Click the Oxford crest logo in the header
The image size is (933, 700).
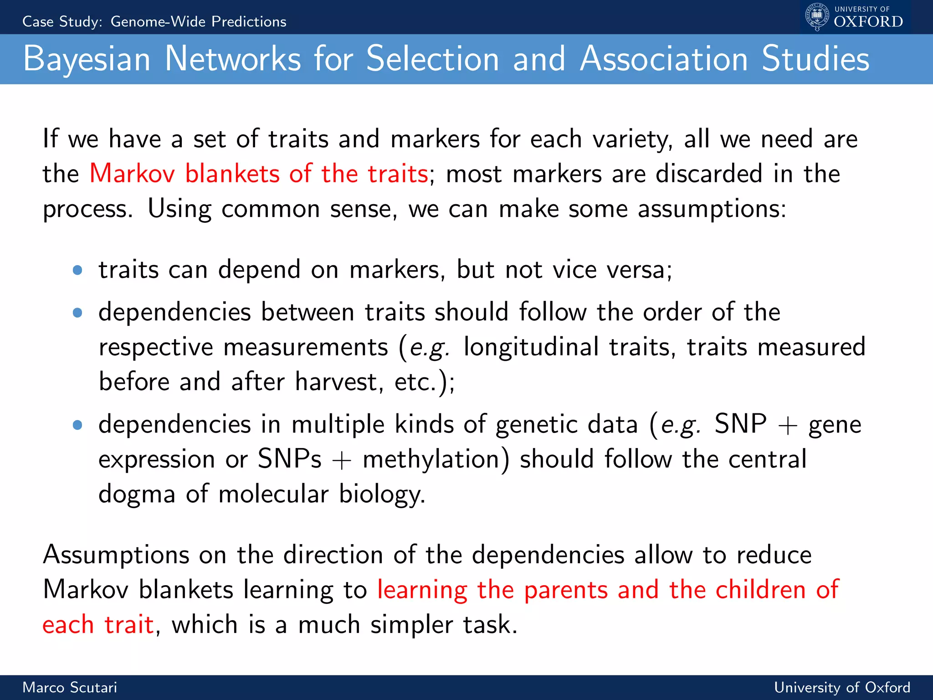(817, 17)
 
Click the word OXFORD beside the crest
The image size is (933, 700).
(868, 22)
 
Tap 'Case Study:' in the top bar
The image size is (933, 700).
(62, 21)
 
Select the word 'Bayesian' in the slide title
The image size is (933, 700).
(87, 59)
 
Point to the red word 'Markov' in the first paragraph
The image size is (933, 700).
(132, 174)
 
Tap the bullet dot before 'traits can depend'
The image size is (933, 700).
(77, 270)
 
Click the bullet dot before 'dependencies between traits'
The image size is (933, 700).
(77, 313)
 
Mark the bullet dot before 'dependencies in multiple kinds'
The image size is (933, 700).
(77, 425)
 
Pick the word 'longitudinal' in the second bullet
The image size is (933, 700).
(531, 347)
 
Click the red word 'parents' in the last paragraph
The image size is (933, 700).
(566, 590)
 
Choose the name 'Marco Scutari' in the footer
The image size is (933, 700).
(70, 687)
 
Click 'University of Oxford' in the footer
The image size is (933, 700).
(842, 687)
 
